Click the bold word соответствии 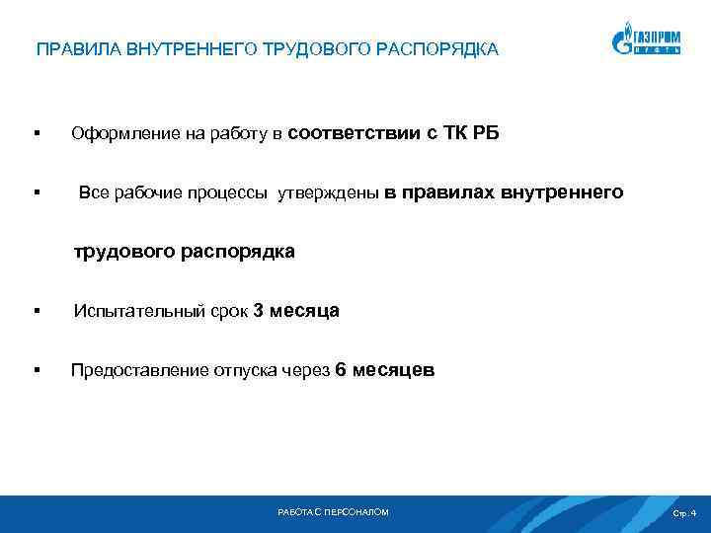[355, 133]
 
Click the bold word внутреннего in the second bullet [562, 192]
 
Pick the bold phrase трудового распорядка [183, 252]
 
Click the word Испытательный [138, 312]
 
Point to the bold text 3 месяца [296, 311]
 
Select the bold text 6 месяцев [384, 370]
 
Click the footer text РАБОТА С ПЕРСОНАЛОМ [334, 512]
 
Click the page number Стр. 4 [683, 513]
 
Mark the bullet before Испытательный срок [36, 312]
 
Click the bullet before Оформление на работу [36, 134]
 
